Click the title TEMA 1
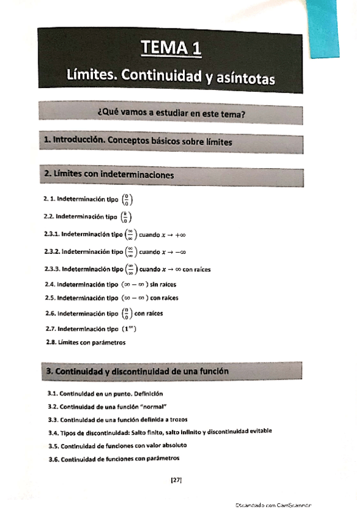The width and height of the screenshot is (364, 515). pyautogui.click(x=170, y=48)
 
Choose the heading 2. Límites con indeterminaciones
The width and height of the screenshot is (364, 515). pyautogui.click(x=109, y=174)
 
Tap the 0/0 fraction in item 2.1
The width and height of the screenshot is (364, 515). pyautogui.click(x=126, y=199)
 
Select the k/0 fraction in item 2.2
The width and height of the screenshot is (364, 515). pyautogui.click(x=126, y=217)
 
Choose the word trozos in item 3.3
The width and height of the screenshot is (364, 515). pyautogui.click(x=171, y=419)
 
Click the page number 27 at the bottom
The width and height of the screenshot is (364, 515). pyautogui.click(x=176, y=480)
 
